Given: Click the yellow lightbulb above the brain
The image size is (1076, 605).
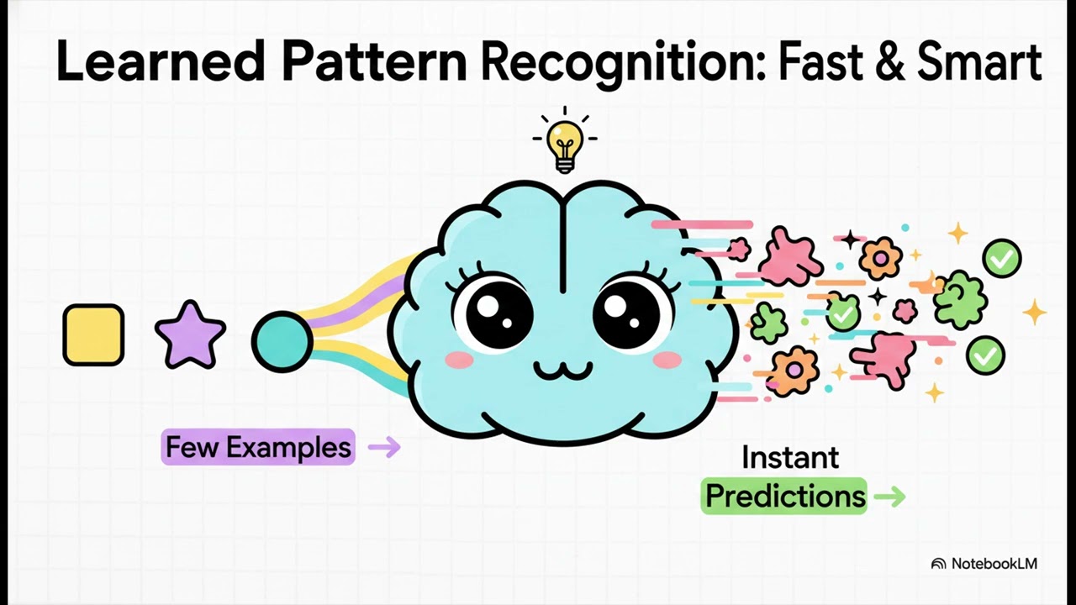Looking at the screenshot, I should click(565, 144).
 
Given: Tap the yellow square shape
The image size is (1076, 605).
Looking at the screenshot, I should click(93, 334).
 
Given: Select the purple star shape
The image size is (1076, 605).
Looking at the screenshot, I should click(191, 336).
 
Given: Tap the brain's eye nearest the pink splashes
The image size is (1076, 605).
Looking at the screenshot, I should click(632, 316).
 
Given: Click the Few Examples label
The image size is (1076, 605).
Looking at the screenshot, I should click(258, 447).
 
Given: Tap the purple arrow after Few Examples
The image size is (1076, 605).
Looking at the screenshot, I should click(384, 447).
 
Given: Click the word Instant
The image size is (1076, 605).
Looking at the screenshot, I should click(790, 458).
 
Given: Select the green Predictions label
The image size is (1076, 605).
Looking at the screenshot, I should click(784, 496).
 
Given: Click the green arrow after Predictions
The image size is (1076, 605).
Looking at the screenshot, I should click(889, 497).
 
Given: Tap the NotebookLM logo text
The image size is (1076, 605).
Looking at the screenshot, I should click(994, 564).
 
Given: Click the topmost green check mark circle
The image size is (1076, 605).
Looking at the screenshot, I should click(1001, 258).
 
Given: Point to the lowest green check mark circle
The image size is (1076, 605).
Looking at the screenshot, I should click(984, 355).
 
